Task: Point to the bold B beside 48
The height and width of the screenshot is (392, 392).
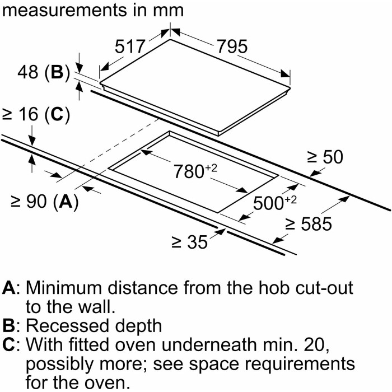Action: coord(57,73)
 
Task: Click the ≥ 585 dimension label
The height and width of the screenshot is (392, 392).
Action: coord(309,225)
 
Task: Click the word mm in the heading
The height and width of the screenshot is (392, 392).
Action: coord(168,11)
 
